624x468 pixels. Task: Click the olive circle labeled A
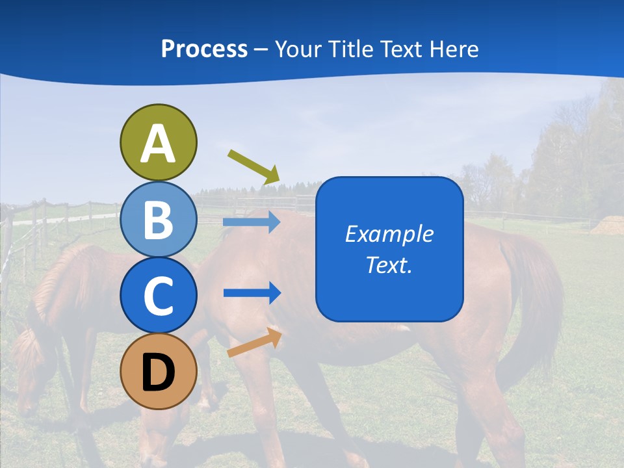pyautogui.click(x=158, y=142)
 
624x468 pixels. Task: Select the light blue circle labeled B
pyautogui.click(x=158, y=220)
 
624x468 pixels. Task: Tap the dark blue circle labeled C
pyautogui.click(x=158, y=295)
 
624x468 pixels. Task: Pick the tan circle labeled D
pyautogui.click(x=158, y=371)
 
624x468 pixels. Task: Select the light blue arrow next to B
pyautogui.click(x=252, y=222)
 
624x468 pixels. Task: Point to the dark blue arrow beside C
pyautogui.click(x=252, y=293)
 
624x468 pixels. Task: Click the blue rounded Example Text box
pyautogui.click(x=389, y=249)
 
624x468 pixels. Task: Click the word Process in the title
pyautogui.click(x=204, y=49)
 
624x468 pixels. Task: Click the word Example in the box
pyautogui.click(x=389, y=234)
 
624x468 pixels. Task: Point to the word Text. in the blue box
pyautogui.click(x=389, y=265)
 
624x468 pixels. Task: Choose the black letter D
pyautogui.click(x=158, y=372)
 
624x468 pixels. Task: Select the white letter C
pyautogui.click(x=158, y=296)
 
